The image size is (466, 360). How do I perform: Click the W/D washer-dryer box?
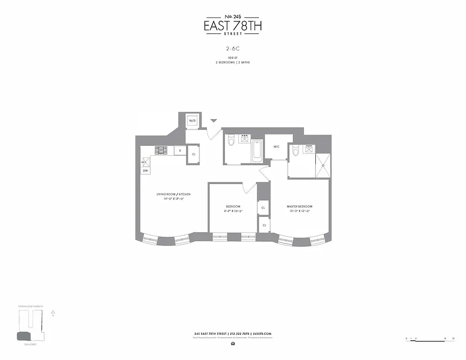[192, 121]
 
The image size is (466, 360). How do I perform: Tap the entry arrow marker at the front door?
[214, 121]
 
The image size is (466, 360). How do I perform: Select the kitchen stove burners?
[161, 150]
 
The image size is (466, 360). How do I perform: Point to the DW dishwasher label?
[145, 171]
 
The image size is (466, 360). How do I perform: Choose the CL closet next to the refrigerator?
[193, 154]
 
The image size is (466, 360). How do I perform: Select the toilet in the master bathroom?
[296, 151]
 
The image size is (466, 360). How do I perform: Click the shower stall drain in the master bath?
[322, 166]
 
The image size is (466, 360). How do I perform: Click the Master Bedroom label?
[300, 207]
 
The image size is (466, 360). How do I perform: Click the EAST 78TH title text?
[233, 26]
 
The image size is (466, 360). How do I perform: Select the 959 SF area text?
[233, 58]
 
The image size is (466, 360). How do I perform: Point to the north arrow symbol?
[53, 311]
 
